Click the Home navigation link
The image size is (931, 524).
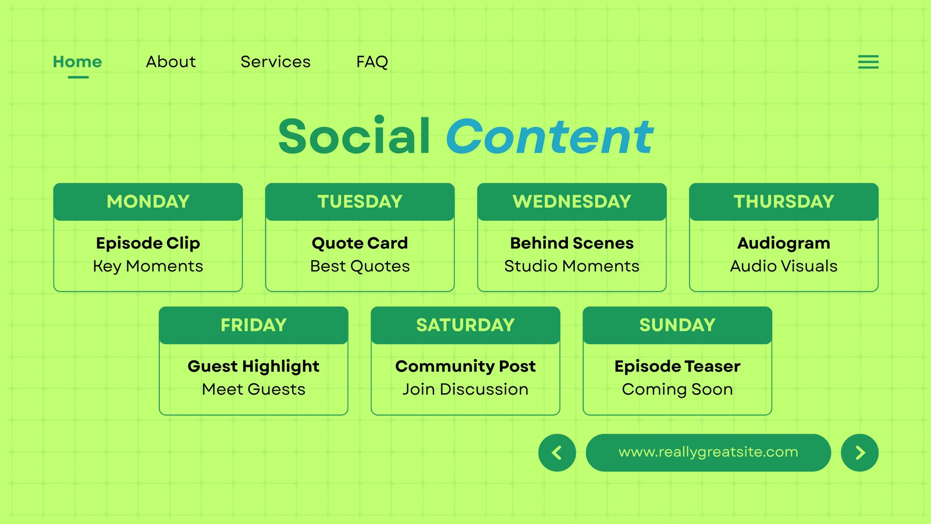point(77,62)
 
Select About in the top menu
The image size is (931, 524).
point(170,62)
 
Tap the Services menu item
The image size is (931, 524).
point(276,62)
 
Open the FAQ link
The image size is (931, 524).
point(372,62)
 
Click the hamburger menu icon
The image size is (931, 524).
point(868,62)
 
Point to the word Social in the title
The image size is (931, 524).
point(354,135)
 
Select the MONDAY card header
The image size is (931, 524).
point(148,201)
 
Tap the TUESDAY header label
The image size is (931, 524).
point(360,201)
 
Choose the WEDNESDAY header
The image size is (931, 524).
point(572,201)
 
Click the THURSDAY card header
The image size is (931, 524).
point(784,201)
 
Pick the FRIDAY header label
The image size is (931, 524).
point(254,325)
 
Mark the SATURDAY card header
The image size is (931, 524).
point(465,325)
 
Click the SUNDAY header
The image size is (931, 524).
point(677,325)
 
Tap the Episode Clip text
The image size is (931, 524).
point(148,243)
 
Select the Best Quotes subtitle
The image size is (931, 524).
point(360,266)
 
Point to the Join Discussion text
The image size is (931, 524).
point(465,390)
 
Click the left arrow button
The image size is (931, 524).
point(557,452)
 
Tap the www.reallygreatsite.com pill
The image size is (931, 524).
point(708,452)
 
